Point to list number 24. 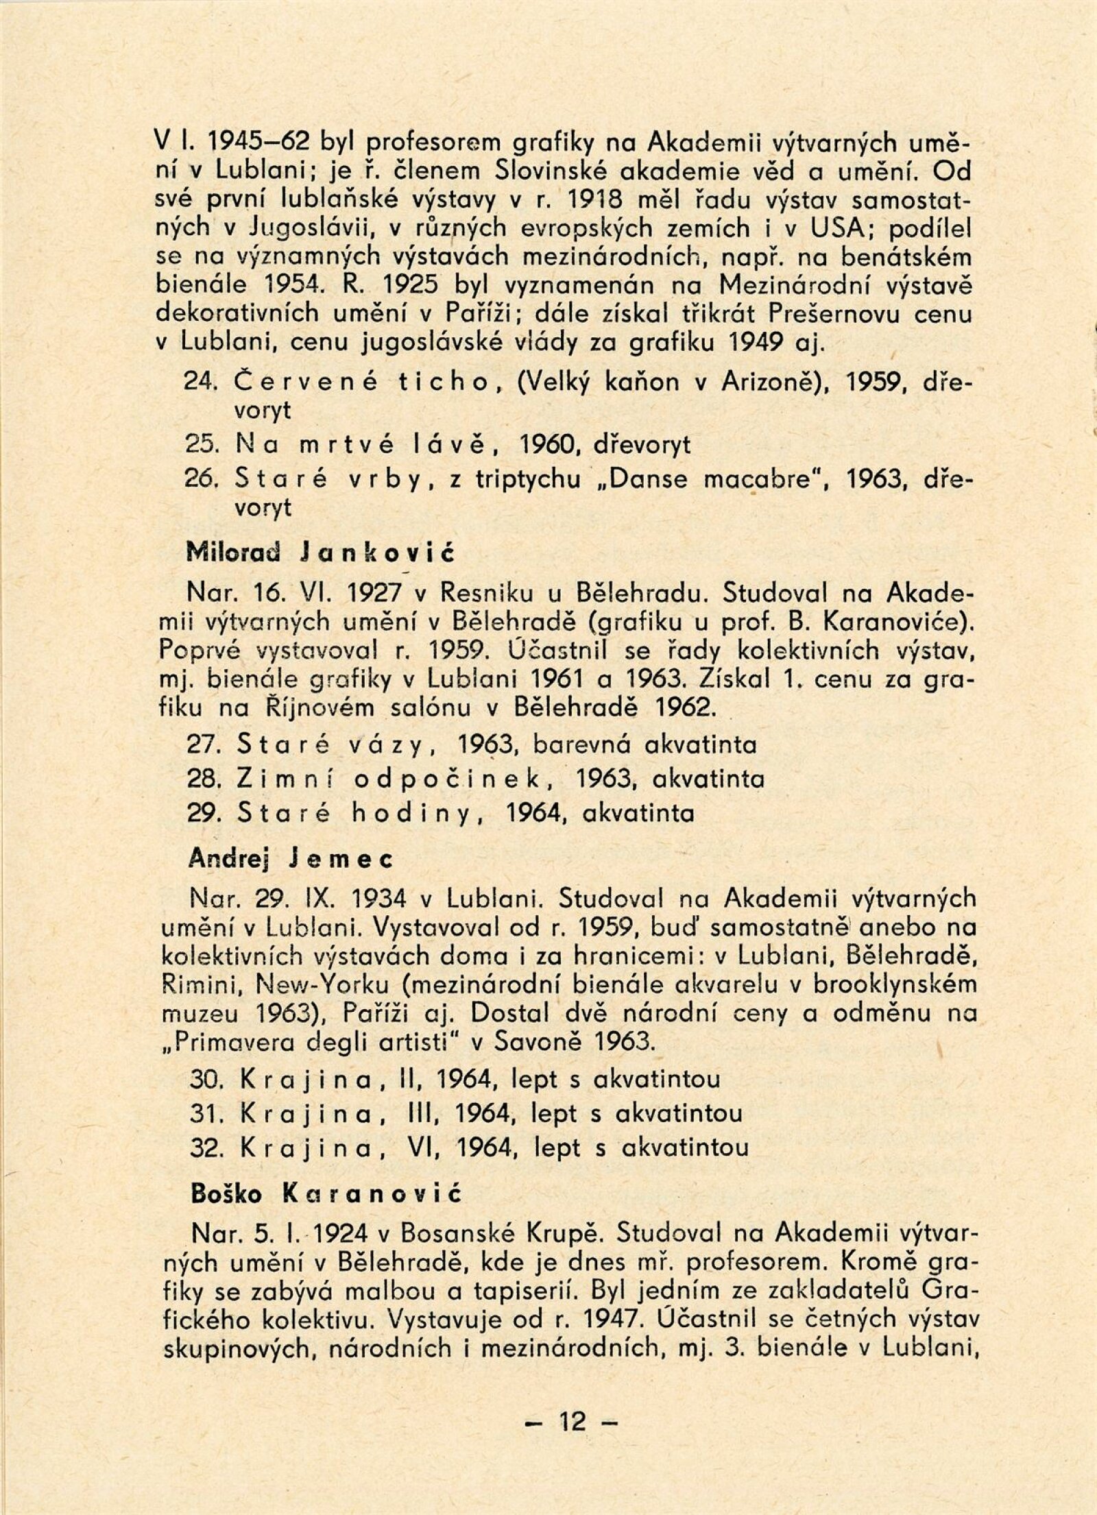point(202,383)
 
